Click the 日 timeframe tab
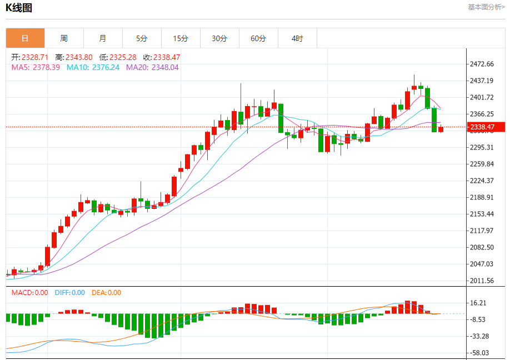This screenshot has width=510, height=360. pos(25,38)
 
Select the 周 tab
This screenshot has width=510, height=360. pos(64,38)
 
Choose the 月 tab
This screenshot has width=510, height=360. pos(103,38)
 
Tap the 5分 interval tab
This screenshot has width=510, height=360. pos(142,38)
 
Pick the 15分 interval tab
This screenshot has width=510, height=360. pos(181,38)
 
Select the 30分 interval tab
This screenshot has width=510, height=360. pos(219,38)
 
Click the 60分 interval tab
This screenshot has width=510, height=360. pos(258,38)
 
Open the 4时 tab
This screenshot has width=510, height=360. pos(297,38)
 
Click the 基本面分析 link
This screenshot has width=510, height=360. pos(486,7)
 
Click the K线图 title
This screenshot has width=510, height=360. pos(19,8)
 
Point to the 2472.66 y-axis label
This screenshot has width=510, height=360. pos(482,64)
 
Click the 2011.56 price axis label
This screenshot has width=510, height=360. pos(482,281)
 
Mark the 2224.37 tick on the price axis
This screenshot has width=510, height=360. pos(482,181)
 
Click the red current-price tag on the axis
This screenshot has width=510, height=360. pos(486,127)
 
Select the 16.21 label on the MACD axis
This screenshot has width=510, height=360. pos(479,303)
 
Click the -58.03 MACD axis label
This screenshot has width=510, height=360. pos(479,353)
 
